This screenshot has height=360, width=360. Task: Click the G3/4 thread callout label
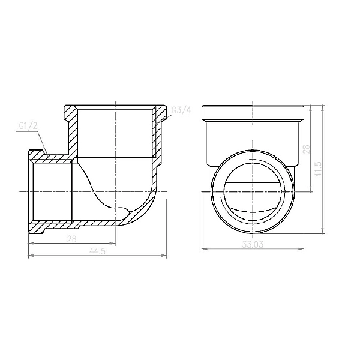tap(181, 110)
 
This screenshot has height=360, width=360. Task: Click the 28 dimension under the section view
tap(72, 239)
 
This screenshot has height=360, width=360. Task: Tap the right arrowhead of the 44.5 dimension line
tap(164, 257)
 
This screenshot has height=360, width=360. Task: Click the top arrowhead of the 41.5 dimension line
tap(324, 109)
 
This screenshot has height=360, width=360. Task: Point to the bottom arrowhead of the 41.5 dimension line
tap(324, 232)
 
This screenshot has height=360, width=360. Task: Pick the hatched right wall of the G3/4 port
tap(161, 132)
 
